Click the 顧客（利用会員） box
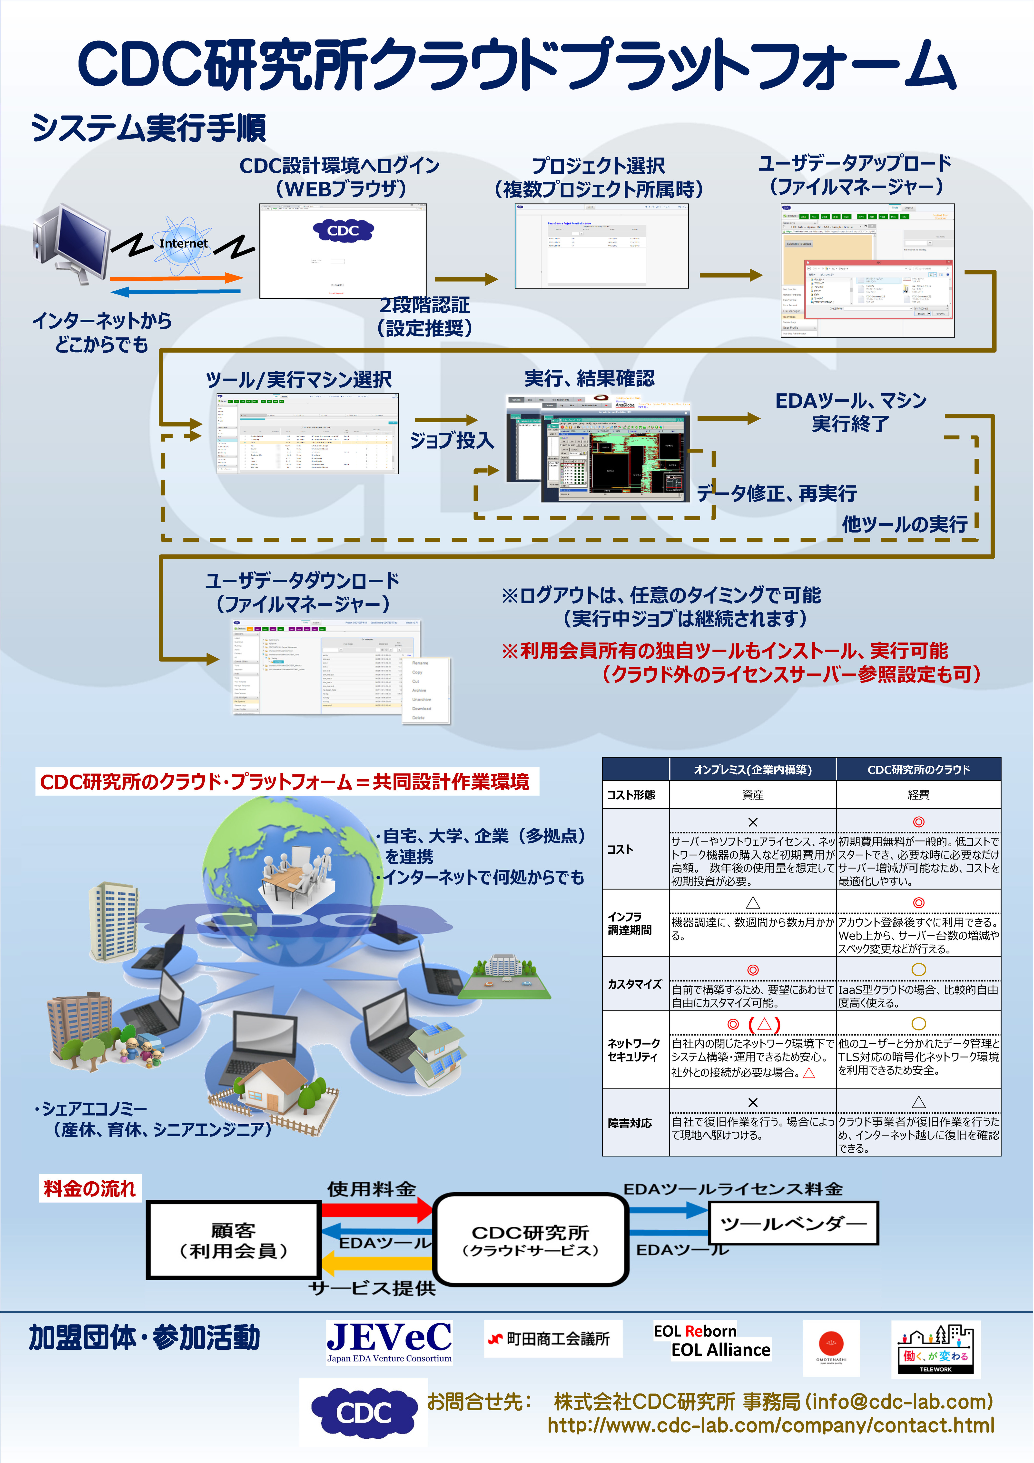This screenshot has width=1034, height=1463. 233,1240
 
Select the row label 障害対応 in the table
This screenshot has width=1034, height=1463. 630,1123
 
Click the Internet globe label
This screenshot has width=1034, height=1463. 184,243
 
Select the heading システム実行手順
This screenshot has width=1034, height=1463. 148,128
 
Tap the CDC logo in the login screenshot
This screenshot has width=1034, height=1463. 343,231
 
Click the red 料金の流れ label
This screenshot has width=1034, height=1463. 90,1188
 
